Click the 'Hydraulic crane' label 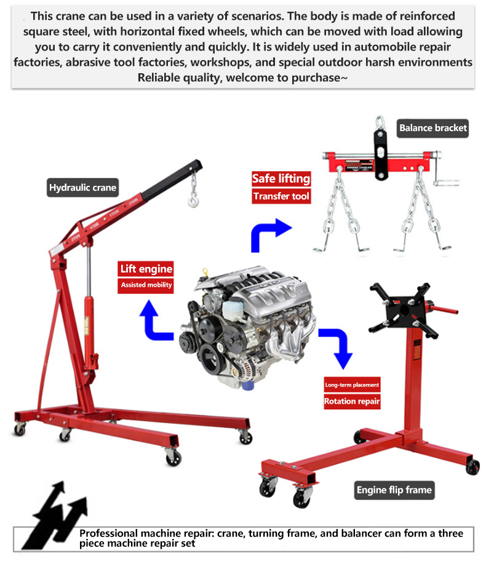click(82, 188)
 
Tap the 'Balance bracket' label click(433, 128)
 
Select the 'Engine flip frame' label click(394, 490)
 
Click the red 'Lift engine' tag click(146, 269)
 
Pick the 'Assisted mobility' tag click(146, 285)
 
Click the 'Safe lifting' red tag click(281, 179)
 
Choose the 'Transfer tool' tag click(281, 196)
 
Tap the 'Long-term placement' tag click(352, 385)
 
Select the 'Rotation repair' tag click(352, 402)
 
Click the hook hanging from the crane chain click(194, 198)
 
